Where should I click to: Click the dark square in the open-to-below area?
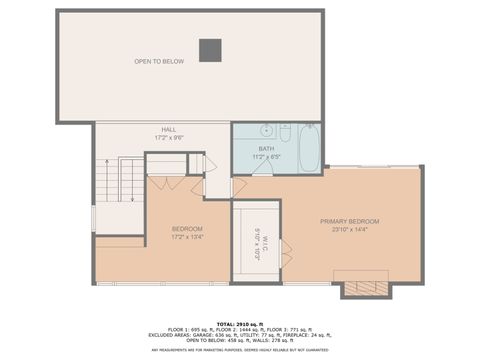tap(210, 49)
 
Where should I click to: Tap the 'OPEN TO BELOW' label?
tap(159, 62)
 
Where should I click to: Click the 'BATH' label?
tap(265, 149)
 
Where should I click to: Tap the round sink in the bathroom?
tap(267, 130)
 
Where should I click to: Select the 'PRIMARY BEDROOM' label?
tap(349, 221)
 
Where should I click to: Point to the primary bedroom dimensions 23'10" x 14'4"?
tap(349, 230)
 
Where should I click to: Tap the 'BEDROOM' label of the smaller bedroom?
tap(187, 229)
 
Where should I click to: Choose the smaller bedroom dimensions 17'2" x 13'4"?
tap(187, 237)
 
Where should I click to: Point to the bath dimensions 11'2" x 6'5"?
tap(265, 157)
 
